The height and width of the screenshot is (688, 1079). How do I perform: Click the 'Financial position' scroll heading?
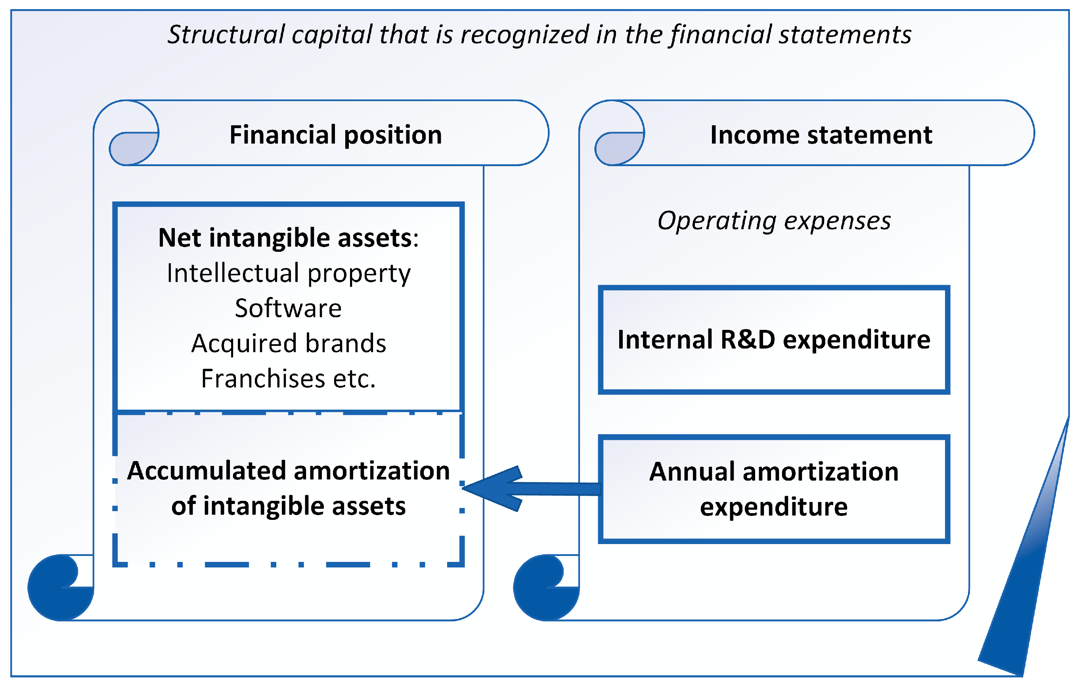point(336,135)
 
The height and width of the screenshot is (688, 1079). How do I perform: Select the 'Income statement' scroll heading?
point(821,135)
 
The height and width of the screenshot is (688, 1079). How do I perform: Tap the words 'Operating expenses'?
point(774,220)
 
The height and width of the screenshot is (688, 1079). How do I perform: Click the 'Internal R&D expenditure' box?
point(774,339)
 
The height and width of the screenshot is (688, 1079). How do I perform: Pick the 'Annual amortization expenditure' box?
point(774,489)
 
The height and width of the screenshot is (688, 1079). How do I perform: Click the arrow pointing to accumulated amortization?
point(529,489)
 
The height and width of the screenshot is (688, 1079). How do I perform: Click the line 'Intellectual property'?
point(289,273)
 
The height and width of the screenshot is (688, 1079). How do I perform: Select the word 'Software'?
point(288,309)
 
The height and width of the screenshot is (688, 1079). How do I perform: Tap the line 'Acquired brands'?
point(289,343)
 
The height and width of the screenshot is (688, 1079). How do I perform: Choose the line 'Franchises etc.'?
point(288,379)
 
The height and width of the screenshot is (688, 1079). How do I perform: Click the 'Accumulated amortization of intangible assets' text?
point(288,488)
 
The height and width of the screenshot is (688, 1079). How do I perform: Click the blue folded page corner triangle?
point(1026,583)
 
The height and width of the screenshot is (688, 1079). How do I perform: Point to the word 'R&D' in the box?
point(748,339)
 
